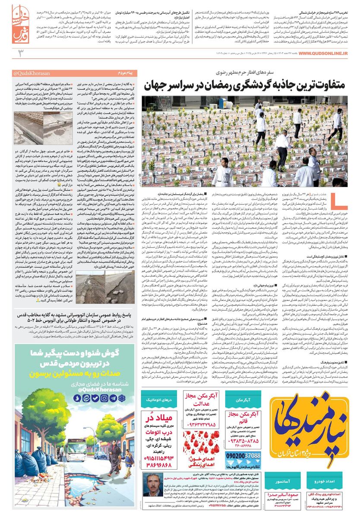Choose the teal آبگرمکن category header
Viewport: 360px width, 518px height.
(x=244, y=400)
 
